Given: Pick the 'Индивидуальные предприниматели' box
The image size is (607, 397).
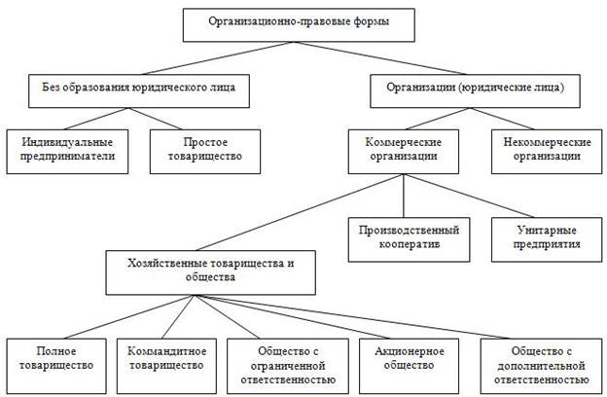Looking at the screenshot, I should pos(67,150).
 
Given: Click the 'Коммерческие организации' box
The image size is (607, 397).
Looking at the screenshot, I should pos(405,150).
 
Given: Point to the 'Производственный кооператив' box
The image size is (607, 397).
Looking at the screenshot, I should pos(405,237).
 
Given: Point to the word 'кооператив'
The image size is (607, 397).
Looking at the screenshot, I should pos(405,244).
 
